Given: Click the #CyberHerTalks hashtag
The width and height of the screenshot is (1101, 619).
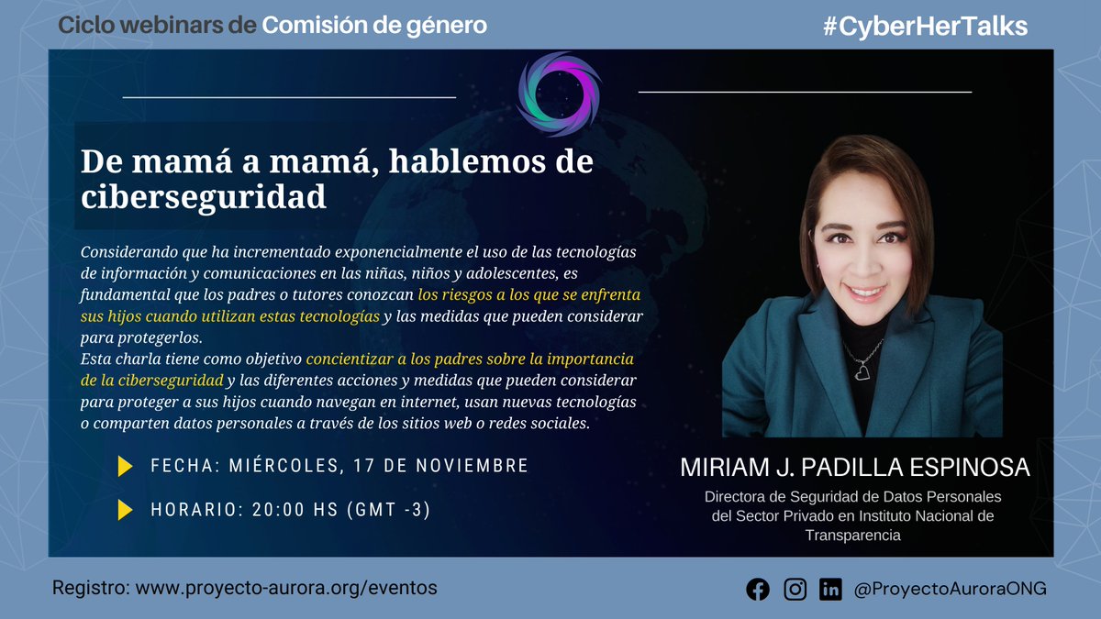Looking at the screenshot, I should (925, 27).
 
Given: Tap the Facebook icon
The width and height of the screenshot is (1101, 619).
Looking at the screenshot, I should (758, 590).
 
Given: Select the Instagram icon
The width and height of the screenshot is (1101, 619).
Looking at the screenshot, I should (795, 590).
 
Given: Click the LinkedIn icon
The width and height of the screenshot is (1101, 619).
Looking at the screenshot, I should (831, 590).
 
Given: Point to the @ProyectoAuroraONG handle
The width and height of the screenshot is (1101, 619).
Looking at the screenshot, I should (950, 590).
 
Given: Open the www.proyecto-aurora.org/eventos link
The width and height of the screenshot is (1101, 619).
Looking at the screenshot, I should (286, 588).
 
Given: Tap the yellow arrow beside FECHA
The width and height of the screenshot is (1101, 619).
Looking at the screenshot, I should (126, 466).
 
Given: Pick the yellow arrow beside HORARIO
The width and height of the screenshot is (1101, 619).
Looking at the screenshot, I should (126, 510).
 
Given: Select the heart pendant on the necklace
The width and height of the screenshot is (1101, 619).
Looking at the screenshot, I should (862, 373).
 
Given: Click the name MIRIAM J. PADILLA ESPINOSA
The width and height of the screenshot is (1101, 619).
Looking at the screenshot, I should (855, 469).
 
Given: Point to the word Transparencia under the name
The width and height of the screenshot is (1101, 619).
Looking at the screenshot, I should (853, 536).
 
